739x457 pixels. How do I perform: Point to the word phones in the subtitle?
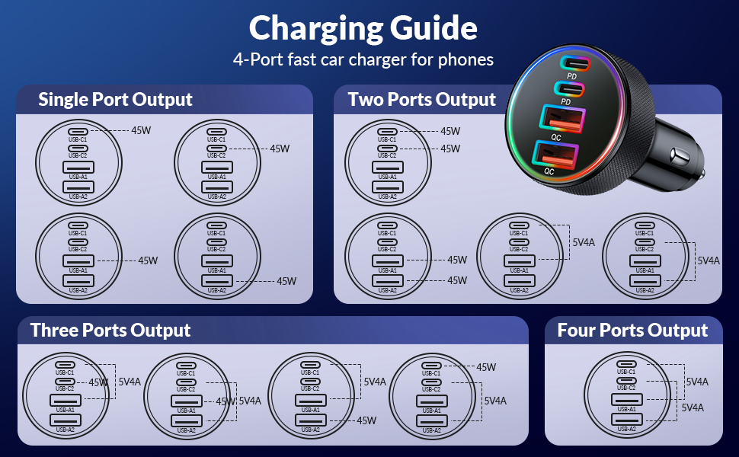click(465, 59)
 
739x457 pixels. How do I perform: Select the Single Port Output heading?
click(115, 100)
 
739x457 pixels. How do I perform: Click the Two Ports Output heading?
click(421, 100)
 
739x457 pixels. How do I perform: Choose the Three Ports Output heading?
click(110, 331)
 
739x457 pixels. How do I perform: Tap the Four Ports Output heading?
click(632, 331)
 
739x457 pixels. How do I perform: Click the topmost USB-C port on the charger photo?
click(575, 63)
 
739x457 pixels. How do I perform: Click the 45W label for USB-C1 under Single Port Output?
click(141, 131)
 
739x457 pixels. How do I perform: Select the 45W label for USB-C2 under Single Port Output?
click(280, 149)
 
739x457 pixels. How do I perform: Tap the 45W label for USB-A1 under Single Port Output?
click(148, 260)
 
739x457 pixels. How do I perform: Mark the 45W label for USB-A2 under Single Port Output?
click(286, 281)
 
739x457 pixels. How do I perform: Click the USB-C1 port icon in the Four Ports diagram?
click(626, 363)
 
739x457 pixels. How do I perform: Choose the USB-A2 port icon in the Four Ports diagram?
click(626, 419)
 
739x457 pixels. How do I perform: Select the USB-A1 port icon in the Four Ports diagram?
click(626, 399)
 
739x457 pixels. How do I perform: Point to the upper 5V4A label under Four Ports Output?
click(697, 382)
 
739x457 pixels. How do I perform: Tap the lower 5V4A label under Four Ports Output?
click(693, 408)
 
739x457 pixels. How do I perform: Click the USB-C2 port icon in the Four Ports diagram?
click(626, 380)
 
